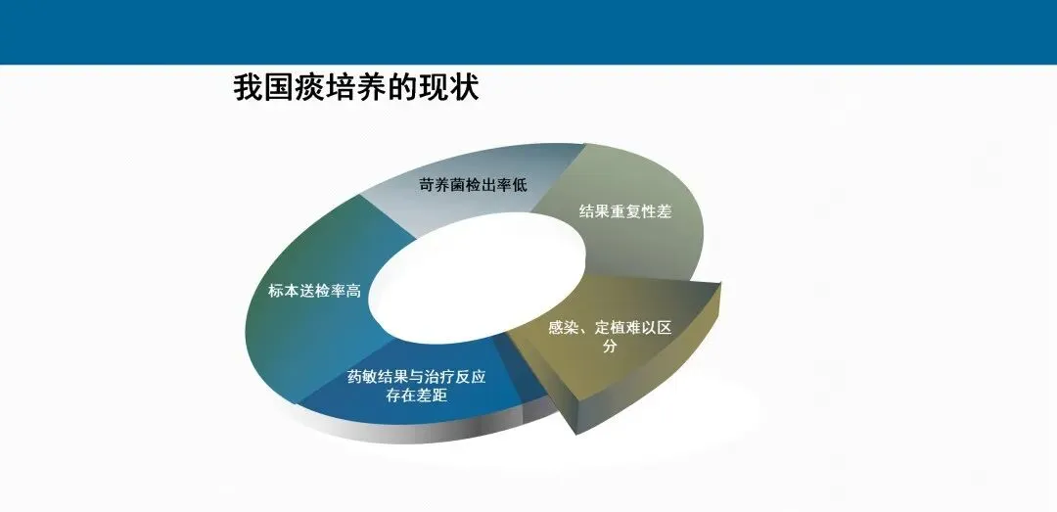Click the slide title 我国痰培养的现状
[x=355, y=88]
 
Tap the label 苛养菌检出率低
[x=474, y=184]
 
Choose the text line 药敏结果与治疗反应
[x=417, y=376]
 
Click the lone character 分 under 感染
[x=610, y=347]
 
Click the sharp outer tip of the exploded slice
[x=720, y=284]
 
